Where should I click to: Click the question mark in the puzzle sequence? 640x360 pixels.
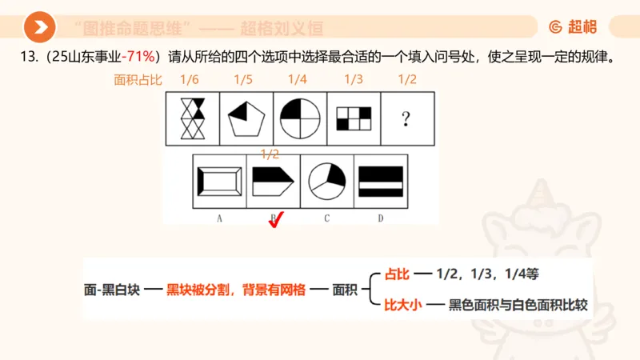click(406, 119)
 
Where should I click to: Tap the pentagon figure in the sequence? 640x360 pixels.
click(245, 119)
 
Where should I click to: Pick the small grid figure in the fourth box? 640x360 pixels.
click(353, 119)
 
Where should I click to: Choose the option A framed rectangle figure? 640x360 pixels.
click(219, 182)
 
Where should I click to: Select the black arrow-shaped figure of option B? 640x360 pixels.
click(273, 182)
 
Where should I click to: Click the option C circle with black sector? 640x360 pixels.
click(326, 182)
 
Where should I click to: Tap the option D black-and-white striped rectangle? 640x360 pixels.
click(380, 182)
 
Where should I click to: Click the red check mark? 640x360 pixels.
click(278, 220)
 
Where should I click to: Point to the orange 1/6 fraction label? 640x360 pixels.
click(189, 80)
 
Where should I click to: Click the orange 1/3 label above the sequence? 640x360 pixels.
click(353, 80)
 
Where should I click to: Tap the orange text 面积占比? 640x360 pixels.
click(138, 80)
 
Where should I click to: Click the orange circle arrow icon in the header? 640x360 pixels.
click(38, 27)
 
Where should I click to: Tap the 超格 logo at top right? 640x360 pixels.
click(573, 27)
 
